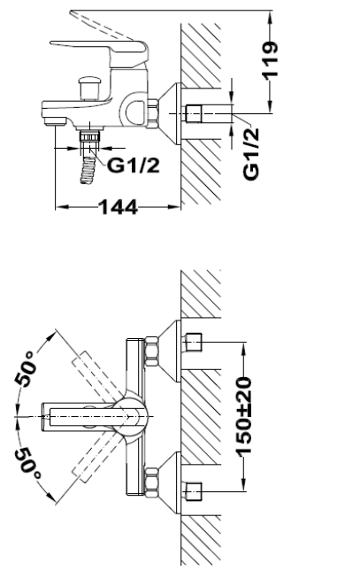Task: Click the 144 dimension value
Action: pos(119,207)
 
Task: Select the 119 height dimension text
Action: pos(270,59)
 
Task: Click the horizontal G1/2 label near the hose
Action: pos(134,166)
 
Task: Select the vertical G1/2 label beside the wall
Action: pos(251,154)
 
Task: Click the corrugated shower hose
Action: pos(88,170)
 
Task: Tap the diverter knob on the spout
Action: pos(89,88)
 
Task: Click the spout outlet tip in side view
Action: pos(55,121)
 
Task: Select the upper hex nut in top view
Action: pos(152,351)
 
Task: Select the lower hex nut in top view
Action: pos(152,482)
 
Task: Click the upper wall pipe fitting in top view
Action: pos(194,342)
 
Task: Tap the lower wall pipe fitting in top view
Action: pos(194,491)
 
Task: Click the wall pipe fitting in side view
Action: pos(194,114)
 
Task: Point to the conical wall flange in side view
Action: pos(170,114)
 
